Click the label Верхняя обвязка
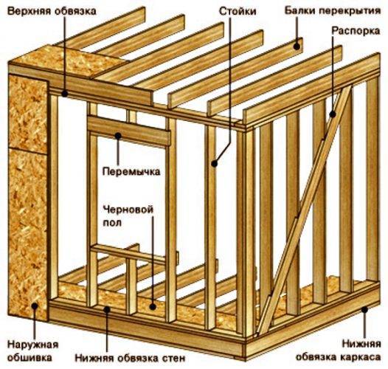(x=52, y=11)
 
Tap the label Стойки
(x=238, y=11)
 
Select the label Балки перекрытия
(x=333, y=11)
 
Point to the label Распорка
(x=356, y=31)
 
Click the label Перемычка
(x=131, y=171)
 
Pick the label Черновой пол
(x=128, y=216)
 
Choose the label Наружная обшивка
(x=32, y=351)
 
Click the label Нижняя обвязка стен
(x=130, y=358)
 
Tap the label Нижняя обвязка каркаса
(x=338, y=351)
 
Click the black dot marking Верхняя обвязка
(x=65, y=94)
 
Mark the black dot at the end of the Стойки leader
(x=215, y=163)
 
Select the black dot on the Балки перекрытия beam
(x=297, y=46)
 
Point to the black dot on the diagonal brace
(x=333, y=114)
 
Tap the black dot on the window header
(x=118, y=136)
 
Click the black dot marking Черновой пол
(x=153, y=307)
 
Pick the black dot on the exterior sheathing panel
(x=35, y=306)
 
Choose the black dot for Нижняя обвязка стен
(x=107, y=309)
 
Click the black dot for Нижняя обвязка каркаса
(x=364, y=309)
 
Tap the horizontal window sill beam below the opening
(x=128, y=253)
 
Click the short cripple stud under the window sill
(x=131, y=286)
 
